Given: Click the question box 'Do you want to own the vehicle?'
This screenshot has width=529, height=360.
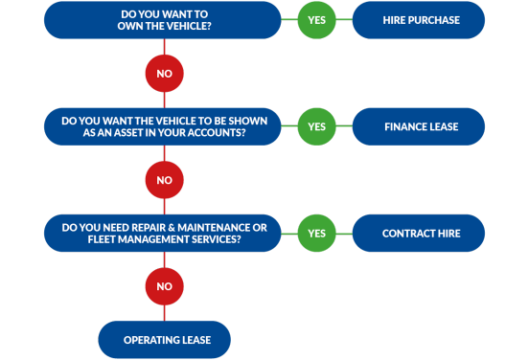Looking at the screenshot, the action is pyautogui.click(x=163, y=20).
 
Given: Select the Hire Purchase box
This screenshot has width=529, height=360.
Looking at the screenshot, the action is pyautogui.click(x=418, y=20).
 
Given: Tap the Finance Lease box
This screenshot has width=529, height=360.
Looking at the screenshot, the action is pyautogui.click(x=418, y=126).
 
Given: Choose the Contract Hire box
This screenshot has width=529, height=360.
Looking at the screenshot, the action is pyautogui.click(x=418, y=233).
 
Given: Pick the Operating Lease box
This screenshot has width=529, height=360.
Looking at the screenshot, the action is pyautogui.click(x=165, y=339).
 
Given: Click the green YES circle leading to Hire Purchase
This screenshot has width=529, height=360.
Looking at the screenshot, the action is pyautogui.click(x=316, y=20).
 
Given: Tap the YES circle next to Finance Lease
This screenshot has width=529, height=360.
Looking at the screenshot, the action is pyautogui.click(x=316, y=126).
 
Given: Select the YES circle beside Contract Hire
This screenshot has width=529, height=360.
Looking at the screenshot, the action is pyautogui.click(x=316, y=233).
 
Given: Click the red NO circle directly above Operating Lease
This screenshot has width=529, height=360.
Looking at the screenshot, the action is pyautogui.click(x=164, y=285).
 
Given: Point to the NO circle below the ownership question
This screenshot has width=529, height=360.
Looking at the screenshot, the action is pyautogui.click(x=164, y=73).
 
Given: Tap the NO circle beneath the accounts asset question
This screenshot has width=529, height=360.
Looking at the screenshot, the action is pyautogui.click(x=164, y=179).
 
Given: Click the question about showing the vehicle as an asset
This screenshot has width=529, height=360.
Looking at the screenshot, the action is pyautogui.click(x=163, y=126).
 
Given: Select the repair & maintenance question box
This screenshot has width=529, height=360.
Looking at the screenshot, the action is pyautogui.click(x=163, y=233).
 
